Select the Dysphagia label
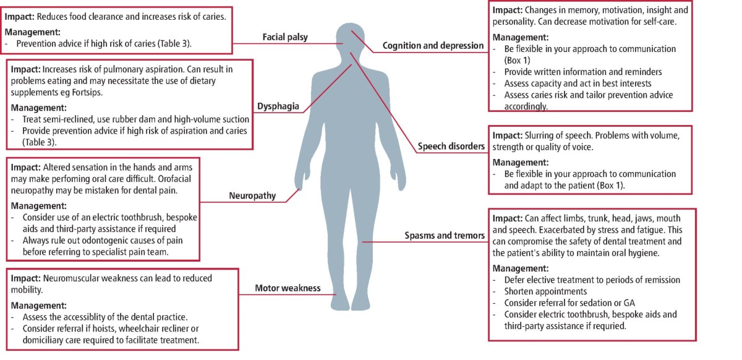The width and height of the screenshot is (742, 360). pos(278,106)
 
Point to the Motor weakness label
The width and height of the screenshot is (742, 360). pos(288,288)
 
